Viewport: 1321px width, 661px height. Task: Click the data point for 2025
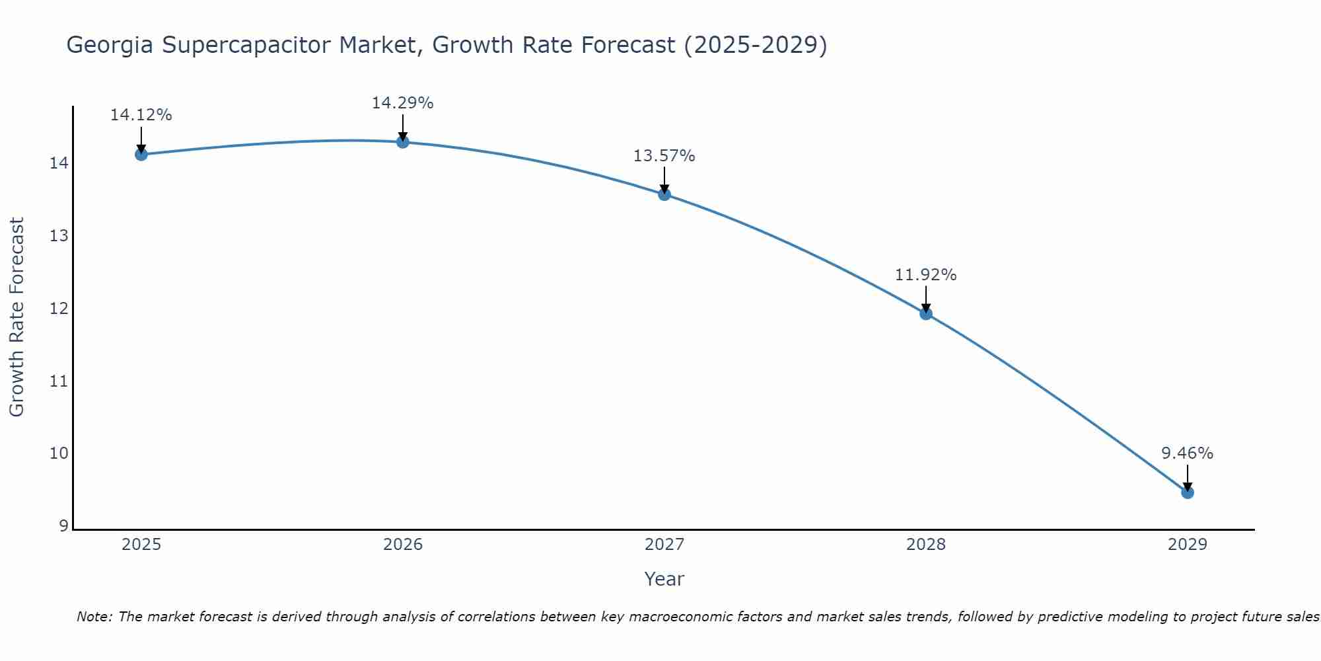click(x=141, y=155)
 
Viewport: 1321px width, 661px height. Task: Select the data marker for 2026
click(x=403, y=142)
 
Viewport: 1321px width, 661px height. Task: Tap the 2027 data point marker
click(x=664, y=194)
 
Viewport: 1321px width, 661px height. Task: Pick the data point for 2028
click(x=926, y=314)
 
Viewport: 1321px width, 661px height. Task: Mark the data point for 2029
click(x=1188, y=492)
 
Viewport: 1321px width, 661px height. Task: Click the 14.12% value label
click(x=141, y=115)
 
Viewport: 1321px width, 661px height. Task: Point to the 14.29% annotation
click(x=402, y=103)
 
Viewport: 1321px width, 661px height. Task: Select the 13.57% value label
click(x=664, y=156)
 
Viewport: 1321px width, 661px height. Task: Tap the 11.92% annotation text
click(x=925, y=275)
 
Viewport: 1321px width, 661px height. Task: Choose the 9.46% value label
click(x=1187, y=453)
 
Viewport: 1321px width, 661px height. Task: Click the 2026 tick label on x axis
click(x=403, y=545)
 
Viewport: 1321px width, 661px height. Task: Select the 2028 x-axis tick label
click(x=926, y=545)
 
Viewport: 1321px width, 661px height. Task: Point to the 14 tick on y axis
click(x=59, y=163)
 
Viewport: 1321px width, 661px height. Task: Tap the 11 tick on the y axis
click(x=59, y=381)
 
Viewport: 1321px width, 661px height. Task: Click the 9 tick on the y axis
click(x=63, y=526)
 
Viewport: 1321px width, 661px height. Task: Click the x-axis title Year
click(x=664, y=579)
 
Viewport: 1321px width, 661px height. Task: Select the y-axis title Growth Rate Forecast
click(x=17, y=317)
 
